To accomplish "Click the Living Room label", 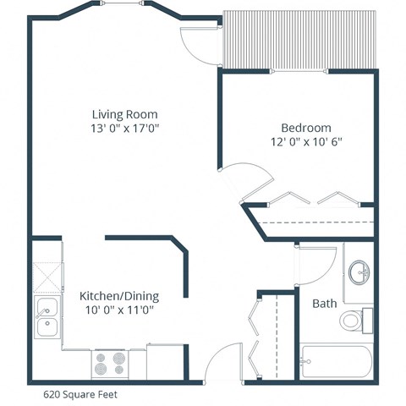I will pyautogui.click(x=125, y=114).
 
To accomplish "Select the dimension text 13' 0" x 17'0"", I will pyautogui.click(x=125, y=128).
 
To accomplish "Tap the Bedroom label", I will pyautogui.click(x=299, y=128).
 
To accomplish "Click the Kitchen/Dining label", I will pyautogui.click(x=118, y=296).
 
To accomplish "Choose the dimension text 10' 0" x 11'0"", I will pyautogui.click(x=118, y=310).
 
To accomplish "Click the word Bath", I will pyautogui.click(x=324, y=303).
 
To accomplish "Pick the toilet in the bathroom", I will pyautogui.click(x=354, y=321).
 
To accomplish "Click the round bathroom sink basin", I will pyautogui.click(x=359, y=272).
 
